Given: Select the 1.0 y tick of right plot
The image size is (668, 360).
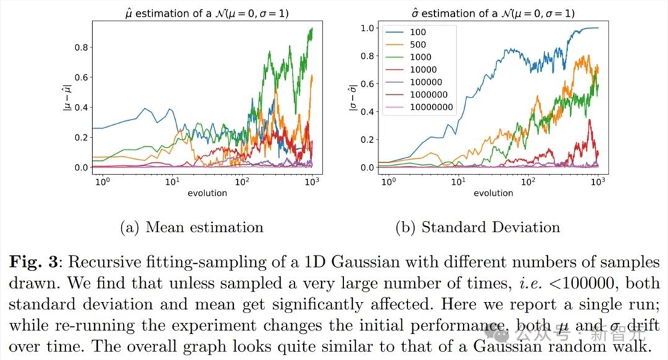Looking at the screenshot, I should (x=366, y=28).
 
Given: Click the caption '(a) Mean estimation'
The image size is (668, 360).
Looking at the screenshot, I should (x=191, y=227).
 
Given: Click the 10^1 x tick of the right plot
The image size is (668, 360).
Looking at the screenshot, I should (x=458, y=182).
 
